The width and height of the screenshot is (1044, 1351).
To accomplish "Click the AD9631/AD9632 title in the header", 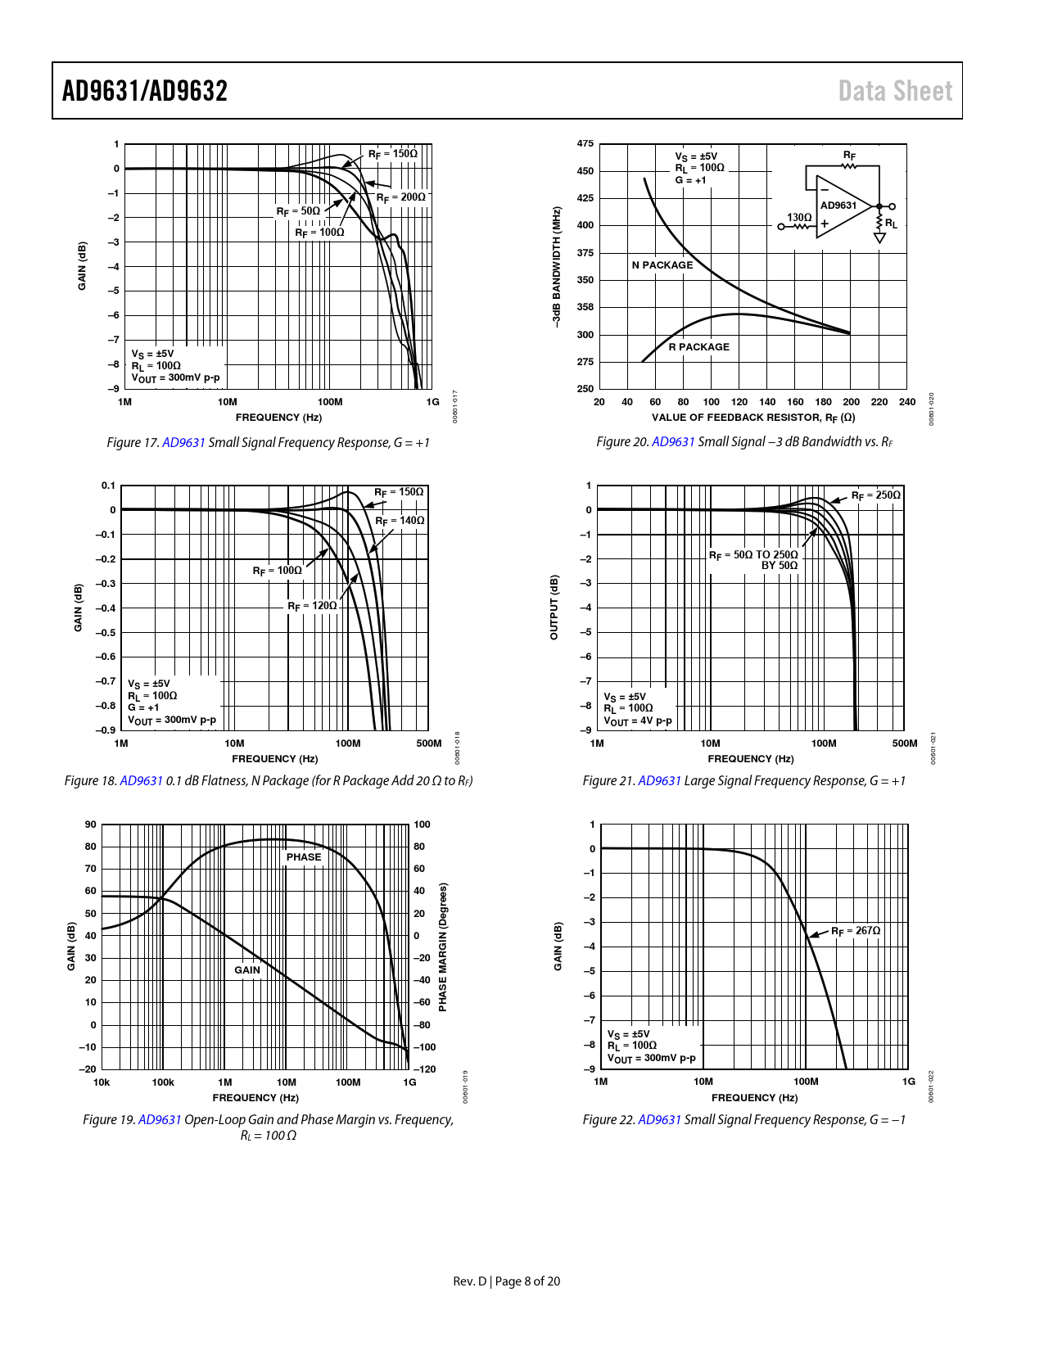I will tap(145, 91).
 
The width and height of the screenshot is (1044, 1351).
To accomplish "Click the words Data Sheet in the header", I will tap(895, 91).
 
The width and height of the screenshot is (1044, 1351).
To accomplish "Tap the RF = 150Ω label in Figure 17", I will tap(392, 154).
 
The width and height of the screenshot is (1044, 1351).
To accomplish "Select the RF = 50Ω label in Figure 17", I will tap(298, 211).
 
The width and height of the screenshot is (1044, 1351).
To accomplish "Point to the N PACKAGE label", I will tap(662, 265).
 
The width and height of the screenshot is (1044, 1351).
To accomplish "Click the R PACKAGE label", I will tap(698, 347).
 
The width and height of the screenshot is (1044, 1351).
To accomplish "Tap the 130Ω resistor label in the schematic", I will tap(799, 218).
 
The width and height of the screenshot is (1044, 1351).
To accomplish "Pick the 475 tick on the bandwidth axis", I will tap(585, 144).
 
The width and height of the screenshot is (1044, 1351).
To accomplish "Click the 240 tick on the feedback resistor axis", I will tap(907, 402).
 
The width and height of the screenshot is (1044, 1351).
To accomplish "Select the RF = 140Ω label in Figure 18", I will tap(400, 521).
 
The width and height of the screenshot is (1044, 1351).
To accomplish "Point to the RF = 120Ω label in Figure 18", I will tap(312, 606).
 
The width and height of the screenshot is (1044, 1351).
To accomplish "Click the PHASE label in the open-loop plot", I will tap(304, 857).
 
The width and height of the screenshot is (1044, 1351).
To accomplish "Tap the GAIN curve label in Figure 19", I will tap(247, 970).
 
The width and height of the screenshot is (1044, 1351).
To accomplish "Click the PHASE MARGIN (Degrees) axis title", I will tap(443, 947).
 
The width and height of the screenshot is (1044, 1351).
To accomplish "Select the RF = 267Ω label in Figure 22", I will tap(856, 931).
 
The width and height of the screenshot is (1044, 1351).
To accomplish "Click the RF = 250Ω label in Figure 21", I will tap(875, 495).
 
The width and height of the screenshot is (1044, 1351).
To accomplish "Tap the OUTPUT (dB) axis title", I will tap(554, 608).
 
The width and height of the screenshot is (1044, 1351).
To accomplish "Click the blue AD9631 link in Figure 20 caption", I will tap(673, 442).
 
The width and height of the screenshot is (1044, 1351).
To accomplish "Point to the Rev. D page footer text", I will tap(507, 1281).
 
